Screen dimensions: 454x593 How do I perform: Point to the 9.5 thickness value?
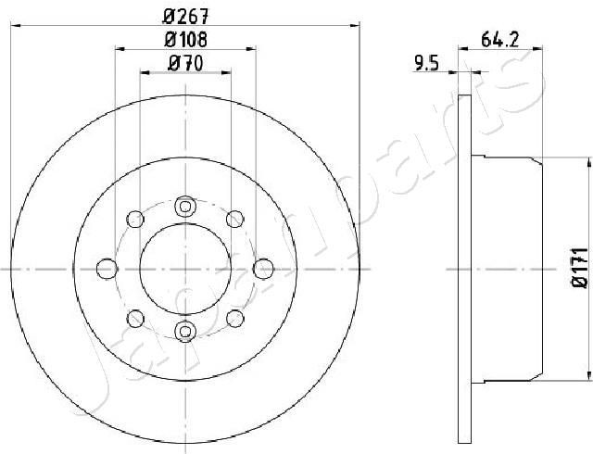click(x=425, y=64)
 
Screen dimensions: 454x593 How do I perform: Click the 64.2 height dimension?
click(x=498, y=39)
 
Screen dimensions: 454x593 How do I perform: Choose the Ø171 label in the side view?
click(x=578, y=267)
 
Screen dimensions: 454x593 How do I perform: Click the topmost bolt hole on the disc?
click(x=185, y=206)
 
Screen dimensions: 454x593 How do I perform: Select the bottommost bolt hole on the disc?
click(x=185, y=331)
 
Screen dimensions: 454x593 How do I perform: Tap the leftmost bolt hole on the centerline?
click(x=107, y=269)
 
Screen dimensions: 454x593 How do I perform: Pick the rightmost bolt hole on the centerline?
click(x=263, y=269)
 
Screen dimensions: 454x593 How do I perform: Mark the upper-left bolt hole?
click(x=135, y=219)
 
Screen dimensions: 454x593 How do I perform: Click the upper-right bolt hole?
click(x=235, y=219)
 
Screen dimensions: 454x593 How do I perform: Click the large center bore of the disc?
click(x=185, y=269)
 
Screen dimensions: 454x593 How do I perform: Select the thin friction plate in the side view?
click(x=466, y=269)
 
